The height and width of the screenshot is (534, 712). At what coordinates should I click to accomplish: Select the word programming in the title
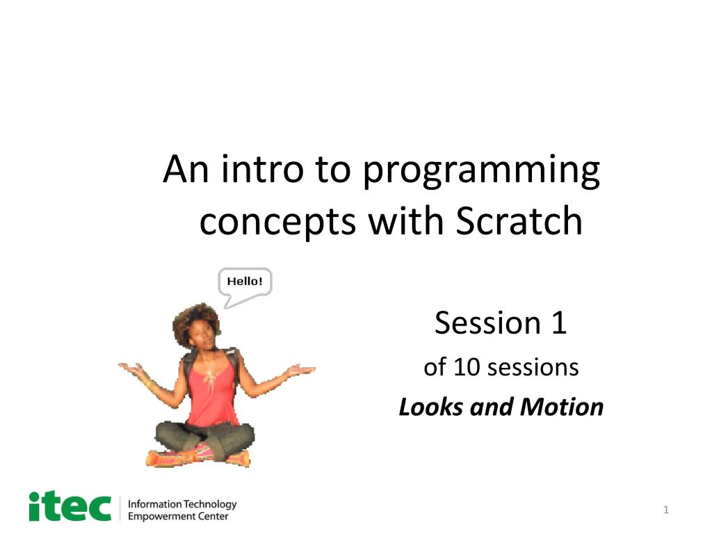480,172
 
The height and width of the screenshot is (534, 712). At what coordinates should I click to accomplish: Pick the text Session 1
501,323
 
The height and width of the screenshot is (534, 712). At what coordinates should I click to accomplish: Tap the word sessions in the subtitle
533,366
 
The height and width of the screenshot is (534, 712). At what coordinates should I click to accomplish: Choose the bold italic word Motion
551,407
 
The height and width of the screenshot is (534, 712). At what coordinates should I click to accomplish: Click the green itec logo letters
70,506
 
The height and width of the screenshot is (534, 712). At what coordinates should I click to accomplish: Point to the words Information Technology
183,503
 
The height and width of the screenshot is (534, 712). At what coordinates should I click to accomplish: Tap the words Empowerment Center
178,516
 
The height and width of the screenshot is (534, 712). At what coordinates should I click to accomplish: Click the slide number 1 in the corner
665,511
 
